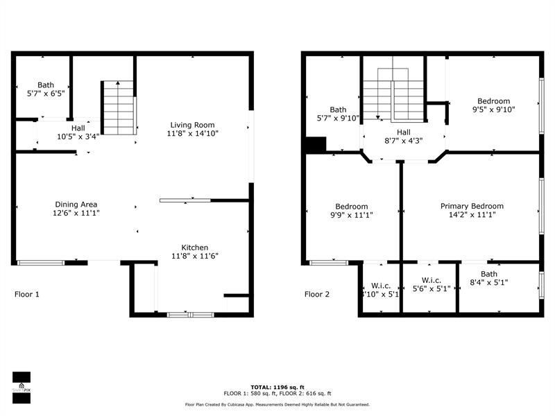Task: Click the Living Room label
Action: tap(189, 125)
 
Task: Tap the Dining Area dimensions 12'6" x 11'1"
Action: tap(76, 214)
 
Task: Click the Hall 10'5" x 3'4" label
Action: tap(77, 132)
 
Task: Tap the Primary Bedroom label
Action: tap(472, 206)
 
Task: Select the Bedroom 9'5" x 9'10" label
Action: tap(493, 101)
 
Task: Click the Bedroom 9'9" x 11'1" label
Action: tap(352, 206)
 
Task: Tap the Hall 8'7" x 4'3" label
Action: tap(403, 136)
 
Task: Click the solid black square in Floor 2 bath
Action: tap(316, 146)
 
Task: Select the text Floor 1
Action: tap(27, 294)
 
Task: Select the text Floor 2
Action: tap(317, 294)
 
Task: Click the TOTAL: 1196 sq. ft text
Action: tap(277, 388)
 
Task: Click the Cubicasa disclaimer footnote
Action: tap(277, 404)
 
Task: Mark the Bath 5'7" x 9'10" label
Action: tap(338, 114)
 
